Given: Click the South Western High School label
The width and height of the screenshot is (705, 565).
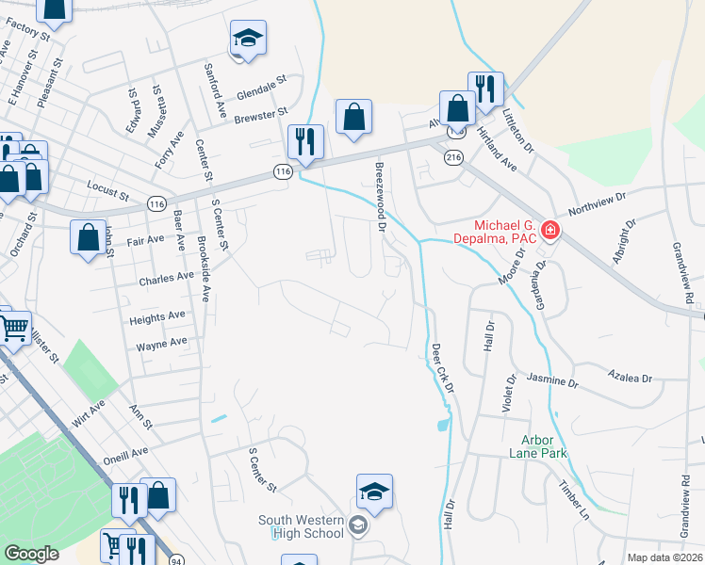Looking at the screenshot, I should click(302, 526).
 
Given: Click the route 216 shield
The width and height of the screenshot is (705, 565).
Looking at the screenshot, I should click(455, 158).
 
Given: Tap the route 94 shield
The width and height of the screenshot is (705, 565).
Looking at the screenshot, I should click(176, 560).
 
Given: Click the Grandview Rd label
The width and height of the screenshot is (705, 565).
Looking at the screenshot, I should click(682, 271).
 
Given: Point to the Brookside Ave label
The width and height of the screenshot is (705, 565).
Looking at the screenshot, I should click(204, 267).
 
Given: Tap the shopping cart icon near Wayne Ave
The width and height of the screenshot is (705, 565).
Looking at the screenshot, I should click(13, 329).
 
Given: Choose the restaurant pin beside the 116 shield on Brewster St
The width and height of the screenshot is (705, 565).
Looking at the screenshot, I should click(305, 141).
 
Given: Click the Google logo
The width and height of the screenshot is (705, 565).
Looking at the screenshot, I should click(31, 554).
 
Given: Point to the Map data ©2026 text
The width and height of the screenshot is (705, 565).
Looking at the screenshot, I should click(664, 557).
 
